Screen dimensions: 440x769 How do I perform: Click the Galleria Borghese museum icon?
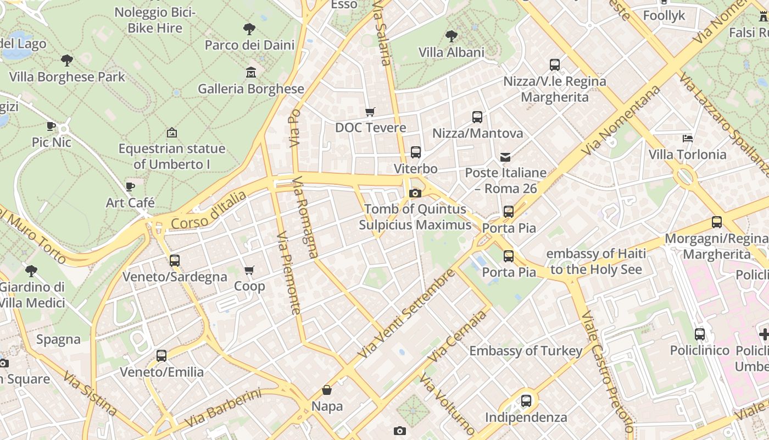pyautogui.click(x=251, y=72)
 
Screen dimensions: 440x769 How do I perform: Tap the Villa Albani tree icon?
pyautogui.click(x=452, y=36)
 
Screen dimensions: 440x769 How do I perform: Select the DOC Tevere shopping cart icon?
pyautogui.click(x=370, y=112)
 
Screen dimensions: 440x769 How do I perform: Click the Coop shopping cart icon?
pyautogui.click(x=249, y=270)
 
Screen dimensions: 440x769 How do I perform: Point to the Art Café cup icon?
pyautogui.click(x=130, y=186)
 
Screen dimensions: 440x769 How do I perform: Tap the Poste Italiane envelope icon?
pyautogui.click(x=505, y=157)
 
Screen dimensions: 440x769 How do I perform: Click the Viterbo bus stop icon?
pyautogui.click(x=416, y=152)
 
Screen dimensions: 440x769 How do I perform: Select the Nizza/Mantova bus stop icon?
pyautogui.click(x=477, y=117)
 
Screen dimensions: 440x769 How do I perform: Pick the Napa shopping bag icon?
pyautogui.click(x=327, y=390)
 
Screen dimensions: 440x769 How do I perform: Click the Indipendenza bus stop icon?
pyautogui.click(x=526, y=401)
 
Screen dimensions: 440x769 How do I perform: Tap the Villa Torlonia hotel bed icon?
pyautogui.click(x=687, y=138)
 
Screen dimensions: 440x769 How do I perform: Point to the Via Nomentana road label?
pyautogui.click(x=621, y=120)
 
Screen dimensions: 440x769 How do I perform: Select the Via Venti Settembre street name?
pyautogui.click(x=406, y=313)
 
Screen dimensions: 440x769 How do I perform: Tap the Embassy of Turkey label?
pyautogui.click(x=526, y=351)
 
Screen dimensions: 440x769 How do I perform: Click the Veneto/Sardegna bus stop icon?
pyautogui.click(x=175, y=261)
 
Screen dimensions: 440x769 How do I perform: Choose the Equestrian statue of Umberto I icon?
pyautogui.click(x=172, y=133)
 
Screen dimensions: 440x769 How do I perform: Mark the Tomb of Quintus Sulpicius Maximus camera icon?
pyautogui.click(x=415, y=193)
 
